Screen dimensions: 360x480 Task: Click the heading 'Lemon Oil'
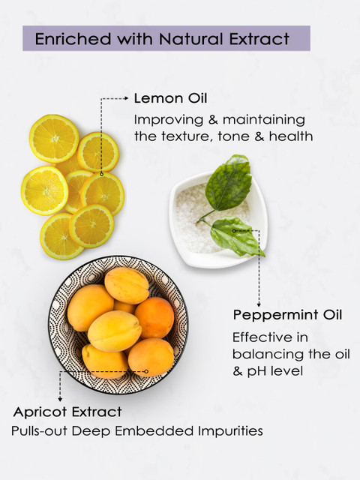170,98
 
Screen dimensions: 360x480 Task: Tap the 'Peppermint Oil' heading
287,315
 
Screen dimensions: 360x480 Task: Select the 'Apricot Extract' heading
67,412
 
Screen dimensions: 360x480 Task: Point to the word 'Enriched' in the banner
73,38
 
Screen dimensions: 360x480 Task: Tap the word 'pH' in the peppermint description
256,372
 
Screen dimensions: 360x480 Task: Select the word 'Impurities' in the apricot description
230,431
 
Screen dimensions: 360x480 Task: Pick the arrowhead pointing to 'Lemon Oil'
126,98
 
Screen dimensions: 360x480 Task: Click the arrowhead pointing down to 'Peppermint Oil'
259,305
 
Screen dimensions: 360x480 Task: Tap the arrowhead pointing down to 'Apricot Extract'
60,399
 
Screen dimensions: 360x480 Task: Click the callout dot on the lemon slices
102,174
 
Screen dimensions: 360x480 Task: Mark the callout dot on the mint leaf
234,230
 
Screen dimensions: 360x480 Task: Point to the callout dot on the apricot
146,371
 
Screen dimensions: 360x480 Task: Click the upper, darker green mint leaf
228,184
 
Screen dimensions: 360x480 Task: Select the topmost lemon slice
54,138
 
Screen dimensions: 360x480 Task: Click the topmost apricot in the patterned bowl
127,285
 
